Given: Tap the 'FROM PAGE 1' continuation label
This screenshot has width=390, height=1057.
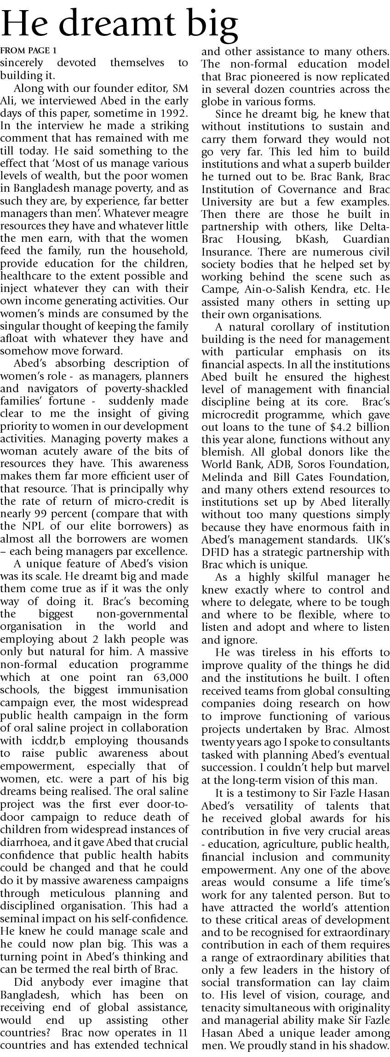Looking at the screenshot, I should pos(29,51).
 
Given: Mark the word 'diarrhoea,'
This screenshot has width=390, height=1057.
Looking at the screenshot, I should pos(22,842).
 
